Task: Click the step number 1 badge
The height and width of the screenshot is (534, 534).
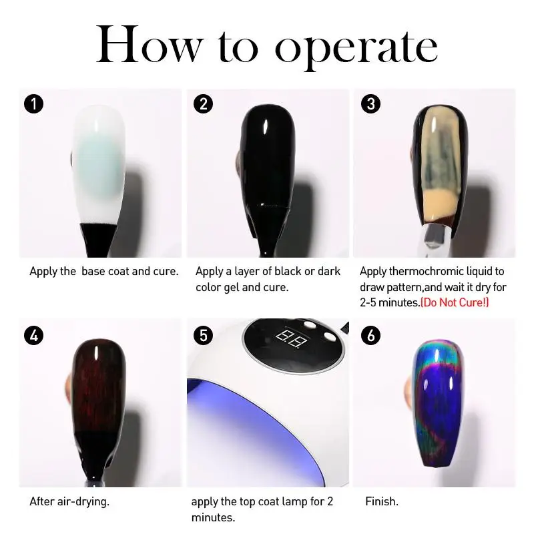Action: coord(34,104)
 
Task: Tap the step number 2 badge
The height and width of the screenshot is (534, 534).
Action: coord(203,104)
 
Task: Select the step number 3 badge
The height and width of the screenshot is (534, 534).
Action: coord(370,104)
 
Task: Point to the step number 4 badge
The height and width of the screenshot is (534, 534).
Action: coord(34,336)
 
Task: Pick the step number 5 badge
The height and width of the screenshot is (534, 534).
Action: coord(203,336)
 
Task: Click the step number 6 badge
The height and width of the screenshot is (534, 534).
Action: coord(370,336)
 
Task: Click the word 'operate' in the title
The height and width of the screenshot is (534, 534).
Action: coord(356,47)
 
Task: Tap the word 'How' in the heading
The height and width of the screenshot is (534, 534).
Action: coord(150,44)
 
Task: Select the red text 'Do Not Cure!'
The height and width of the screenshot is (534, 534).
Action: coord(455,302)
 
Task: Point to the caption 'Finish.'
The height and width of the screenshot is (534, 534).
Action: coord(381,501)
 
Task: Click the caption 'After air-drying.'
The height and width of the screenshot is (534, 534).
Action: coord(69,502)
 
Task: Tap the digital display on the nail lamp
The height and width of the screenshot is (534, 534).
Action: coord(291,338)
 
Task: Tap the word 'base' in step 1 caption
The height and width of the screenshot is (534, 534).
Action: coord(93,272)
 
